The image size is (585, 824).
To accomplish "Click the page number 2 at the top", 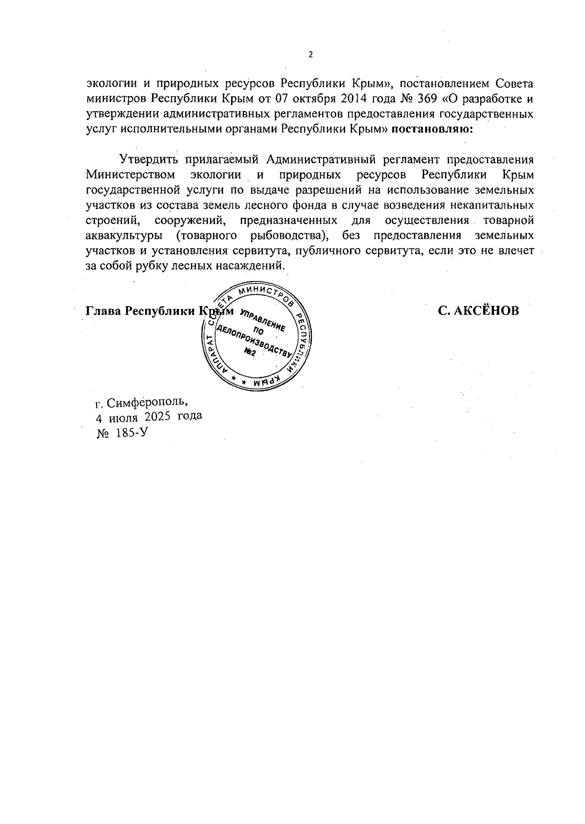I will click(311, 55).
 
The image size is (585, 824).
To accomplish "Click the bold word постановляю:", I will click(432, 130).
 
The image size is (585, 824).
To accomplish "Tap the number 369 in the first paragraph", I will click(427, 99).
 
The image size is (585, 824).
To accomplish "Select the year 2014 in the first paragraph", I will click(355, 99).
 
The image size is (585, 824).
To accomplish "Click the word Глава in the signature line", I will click(103, 311).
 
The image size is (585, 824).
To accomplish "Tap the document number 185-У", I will click(132, 433).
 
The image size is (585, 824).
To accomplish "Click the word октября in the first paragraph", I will click(312, 99).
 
